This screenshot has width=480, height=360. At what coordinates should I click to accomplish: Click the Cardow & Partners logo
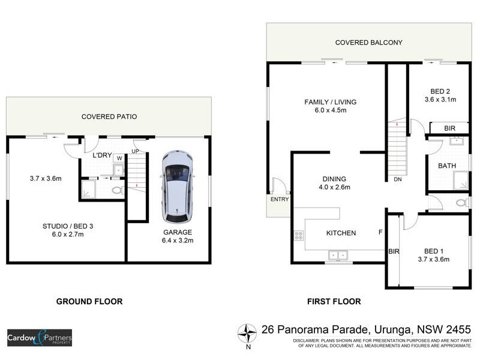coord(40,338)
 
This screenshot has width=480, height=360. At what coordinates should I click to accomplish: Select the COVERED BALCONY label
coord(368,43)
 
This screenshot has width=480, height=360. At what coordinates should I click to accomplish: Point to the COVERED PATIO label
coord(109,117)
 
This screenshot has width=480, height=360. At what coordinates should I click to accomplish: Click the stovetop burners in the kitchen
coord(298,235)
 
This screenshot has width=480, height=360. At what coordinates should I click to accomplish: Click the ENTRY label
coord(280,199)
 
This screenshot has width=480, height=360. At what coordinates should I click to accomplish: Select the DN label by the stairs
coord(397,179)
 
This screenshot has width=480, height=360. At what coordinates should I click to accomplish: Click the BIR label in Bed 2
coord(449,128)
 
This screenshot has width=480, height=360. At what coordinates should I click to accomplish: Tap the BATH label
coord(447,166)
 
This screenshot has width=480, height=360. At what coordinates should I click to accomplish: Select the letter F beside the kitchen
coord(380,232)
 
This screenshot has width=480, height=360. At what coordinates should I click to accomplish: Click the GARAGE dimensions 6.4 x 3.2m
coord(178,240)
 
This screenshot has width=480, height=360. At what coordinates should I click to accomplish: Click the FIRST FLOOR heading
coord(334,301)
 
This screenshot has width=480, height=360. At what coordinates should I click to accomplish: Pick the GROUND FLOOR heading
coord(89,301)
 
